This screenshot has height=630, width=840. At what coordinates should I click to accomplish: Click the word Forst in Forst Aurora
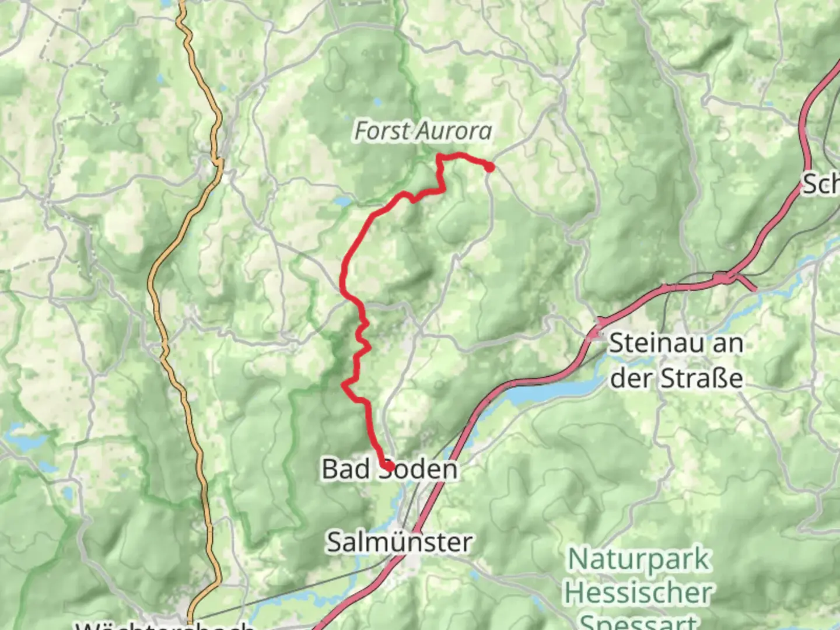click(382, 131)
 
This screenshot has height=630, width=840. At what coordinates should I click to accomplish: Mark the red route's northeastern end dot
click(490, 167)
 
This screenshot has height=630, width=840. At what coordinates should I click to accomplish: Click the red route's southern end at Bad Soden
click(387, 466)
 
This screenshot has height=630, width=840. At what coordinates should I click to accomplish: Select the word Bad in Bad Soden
click(345, 469)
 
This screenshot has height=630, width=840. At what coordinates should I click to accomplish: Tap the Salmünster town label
click(399, 542)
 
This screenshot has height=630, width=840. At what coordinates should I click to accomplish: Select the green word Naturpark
click(639, 559)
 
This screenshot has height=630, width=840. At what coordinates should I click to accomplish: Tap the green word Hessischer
click(638, 593)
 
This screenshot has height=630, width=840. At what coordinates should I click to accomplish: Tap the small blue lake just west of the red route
click(342, 201)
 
